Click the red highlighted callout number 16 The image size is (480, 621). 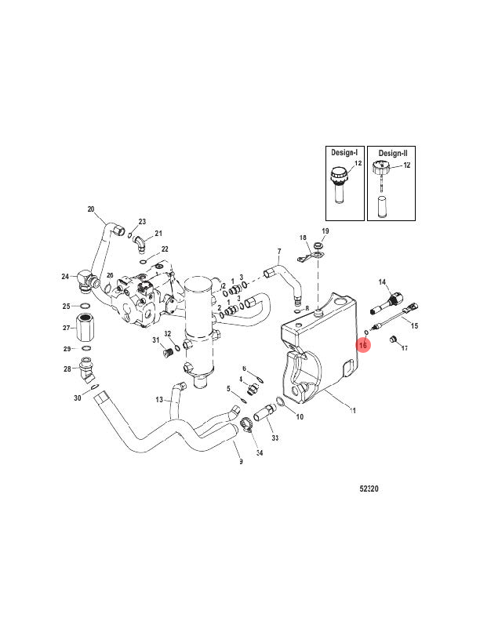tap(363, 343)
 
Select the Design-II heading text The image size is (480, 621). tap(393, 154)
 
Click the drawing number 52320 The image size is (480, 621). tap(369, 488)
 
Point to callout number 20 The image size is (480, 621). tap(91, 209)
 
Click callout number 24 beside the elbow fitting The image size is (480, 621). tap(65, 276)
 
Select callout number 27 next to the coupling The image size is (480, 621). tap(66, 328)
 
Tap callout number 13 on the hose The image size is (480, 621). tap(158, 399)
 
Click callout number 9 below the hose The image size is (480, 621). tap(241, 462)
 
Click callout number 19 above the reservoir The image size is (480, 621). tap(325, 231)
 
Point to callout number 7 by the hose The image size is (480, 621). tap(278, 252)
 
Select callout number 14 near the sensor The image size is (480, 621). tap(384, 281)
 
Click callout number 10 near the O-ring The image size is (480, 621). tap(299, 416)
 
